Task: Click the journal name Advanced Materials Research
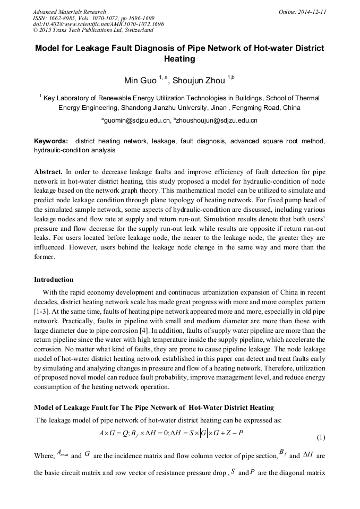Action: coord(69,12)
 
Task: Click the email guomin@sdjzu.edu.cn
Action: coord(135,121)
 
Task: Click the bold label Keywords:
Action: coord(51,142)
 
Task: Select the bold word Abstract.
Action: coord(48,172)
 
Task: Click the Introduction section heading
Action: coord(54,279)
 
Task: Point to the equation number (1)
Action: coord(320,437)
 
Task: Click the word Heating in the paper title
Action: coord(179,59)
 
